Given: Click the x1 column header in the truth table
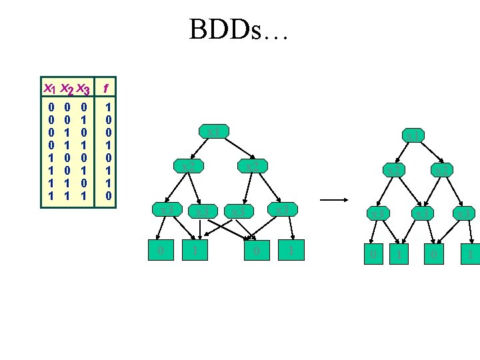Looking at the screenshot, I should tap(49, 88).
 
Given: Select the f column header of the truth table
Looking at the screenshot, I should tap(107, 87).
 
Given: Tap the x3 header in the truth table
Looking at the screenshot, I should tap(83, 88).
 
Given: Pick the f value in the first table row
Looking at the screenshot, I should tap(109, 106).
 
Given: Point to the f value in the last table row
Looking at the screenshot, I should tap(109, 197).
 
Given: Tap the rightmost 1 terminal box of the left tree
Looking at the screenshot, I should tap(291, 251).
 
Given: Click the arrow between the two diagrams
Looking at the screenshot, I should tap(337, 199).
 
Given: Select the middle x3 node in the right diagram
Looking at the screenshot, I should tap(421, 213).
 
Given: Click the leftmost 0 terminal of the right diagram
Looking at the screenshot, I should tap(373, 254).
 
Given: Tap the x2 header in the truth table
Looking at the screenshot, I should tap(66, 88).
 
